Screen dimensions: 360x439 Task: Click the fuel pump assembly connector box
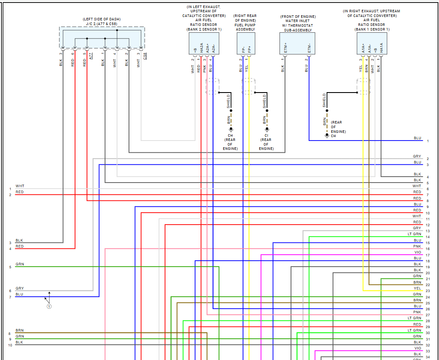246,44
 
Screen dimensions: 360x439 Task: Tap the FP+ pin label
249,49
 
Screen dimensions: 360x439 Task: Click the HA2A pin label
201,48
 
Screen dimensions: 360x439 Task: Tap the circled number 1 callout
49,306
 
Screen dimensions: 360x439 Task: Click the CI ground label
266,135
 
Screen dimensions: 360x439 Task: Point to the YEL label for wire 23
417,288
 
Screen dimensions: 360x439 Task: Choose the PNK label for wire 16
417,247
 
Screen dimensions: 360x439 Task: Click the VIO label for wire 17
418,253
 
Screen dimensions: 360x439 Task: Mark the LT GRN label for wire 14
414,234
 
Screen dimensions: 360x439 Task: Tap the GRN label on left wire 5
20,264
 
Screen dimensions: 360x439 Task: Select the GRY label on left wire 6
20,288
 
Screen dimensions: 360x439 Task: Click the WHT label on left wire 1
20,186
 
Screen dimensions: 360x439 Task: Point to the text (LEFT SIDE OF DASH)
102,20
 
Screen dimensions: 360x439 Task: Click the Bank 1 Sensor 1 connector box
372,44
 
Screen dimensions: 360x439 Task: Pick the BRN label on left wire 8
20,330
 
